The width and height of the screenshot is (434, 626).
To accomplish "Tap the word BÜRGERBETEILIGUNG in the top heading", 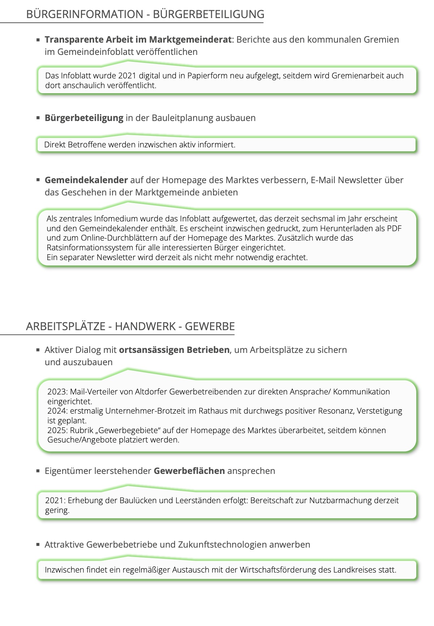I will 209,14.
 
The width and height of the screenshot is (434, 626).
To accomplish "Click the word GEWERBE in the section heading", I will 210,327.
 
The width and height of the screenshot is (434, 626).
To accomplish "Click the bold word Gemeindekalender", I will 86,180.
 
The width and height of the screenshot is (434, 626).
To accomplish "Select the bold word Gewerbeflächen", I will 189,471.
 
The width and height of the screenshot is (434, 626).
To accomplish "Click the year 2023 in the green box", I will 57,392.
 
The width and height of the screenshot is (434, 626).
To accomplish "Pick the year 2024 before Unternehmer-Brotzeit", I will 57,411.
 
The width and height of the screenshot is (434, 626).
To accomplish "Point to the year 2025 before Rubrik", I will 57,431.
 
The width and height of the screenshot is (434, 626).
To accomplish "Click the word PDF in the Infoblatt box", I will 394,229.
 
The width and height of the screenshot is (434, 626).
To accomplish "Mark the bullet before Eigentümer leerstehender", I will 38,471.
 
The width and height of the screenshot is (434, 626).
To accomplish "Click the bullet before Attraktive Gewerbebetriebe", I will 38,545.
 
